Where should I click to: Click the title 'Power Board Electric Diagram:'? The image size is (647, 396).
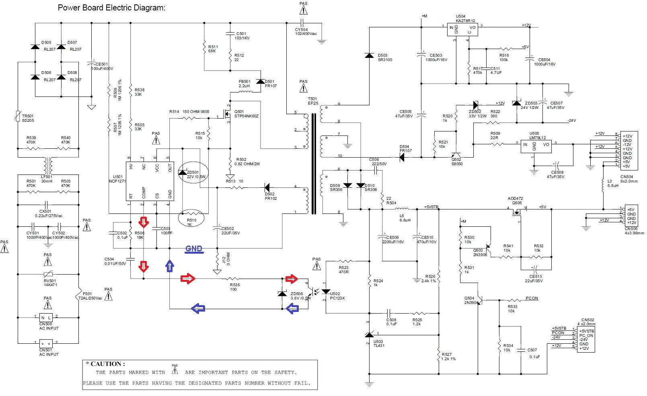111,8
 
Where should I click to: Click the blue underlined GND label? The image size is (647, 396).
194,249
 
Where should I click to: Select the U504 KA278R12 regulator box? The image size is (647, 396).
462,30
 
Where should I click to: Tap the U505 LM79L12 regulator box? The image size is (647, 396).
536,146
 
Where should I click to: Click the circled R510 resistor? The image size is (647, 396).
191,217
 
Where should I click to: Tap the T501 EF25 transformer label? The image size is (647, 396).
313,101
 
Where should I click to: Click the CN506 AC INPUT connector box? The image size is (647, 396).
46,318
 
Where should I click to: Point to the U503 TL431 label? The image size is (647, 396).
379,343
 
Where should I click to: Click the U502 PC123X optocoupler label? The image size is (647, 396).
337,296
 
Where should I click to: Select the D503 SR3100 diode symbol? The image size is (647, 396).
369,55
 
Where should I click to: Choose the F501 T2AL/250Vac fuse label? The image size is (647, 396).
92,296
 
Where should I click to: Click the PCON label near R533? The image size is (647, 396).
532,298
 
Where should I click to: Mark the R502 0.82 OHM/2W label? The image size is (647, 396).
248,162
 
